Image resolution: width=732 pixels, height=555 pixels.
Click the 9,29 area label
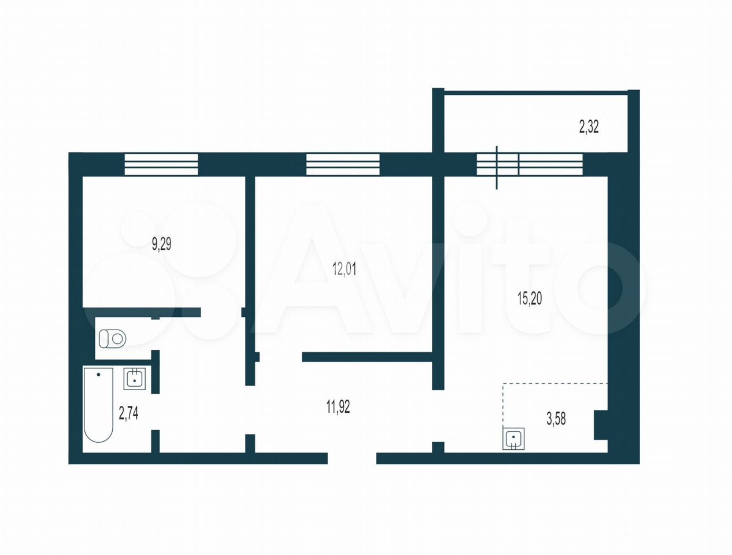coord(162,245)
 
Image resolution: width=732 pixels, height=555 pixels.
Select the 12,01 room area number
coord(345,269)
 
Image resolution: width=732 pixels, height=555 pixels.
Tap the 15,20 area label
coord(530,298)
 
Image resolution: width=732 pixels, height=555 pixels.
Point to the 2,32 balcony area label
coord(589,127)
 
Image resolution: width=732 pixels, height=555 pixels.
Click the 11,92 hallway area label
coord(338,407)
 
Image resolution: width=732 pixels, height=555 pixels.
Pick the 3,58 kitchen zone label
coord(556,419)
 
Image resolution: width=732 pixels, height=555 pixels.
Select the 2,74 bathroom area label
coord(128,413)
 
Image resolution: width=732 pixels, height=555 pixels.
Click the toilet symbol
coord(113,339)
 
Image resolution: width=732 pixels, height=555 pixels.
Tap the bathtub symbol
coord(98,405)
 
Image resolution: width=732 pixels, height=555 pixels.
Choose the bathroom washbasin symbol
coord(135,379)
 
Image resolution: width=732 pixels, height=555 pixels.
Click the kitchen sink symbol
coord(513,439)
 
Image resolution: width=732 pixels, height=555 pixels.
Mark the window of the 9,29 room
coord(161,164)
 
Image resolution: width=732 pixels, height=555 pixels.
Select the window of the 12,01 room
coord(343,164)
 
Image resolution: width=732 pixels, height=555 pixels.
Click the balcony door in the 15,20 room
coord(497,167)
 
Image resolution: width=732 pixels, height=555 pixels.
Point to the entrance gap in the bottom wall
coord(352,458)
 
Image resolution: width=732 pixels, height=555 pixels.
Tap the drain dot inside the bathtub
coord(98,375)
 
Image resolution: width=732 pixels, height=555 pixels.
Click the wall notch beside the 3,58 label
coord(601,425)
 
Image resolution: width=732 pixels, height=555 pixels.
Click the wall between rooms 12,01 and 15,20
coord(438,283)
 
